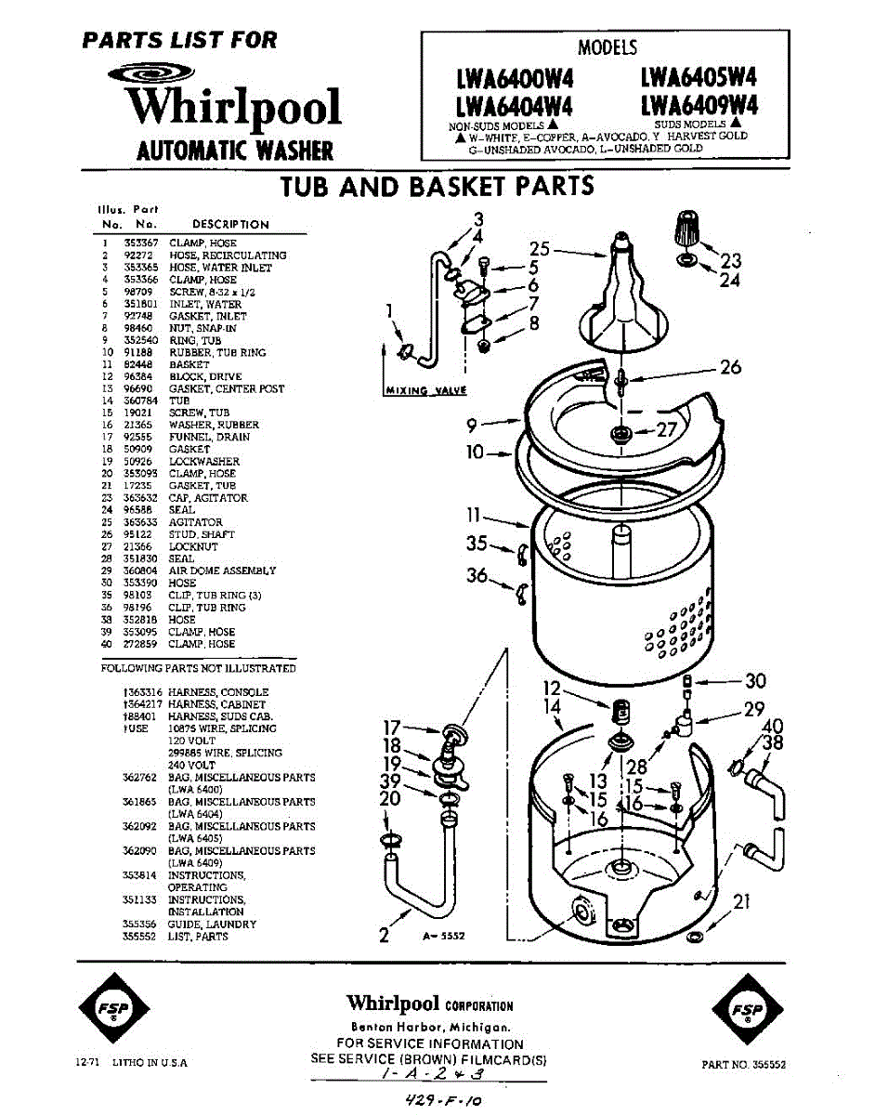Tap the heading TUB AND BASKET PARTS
[x=437, y=187]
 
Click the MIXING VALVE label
[x=425, y=390]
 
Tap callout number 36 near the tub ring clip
[x=477, y=576]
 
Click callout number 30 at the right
[x=754, y=681]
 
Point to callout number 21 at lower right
[x=741, y=901]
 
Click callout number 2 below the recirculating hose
[x=385, y=935]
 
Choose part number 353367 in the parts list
[x=141, y=243]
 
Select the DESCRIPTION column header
[x=230, y=224]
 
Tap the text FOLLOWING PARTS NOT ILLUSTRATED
[x=198, y=668]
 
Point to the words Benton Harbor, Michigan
[x=428, y=1027]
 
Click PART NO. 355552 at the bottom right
[x=744, y=1066]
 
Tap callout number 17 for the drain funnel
[x=393, y=728]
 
